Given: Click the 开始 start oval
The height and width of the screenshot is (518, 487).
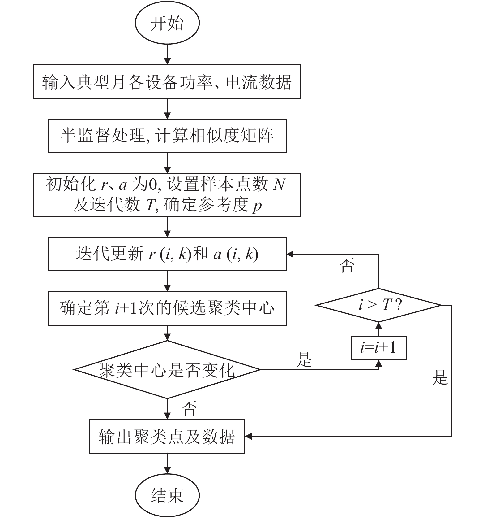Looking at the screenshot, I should click(x=167, y=23).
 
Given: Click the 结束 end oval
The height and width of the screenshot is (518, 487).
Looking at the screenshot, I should click(x=167, y=495).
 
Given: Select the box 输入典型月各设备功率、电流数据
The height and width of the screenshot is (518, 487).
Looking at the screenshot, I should click(x=167, y=82).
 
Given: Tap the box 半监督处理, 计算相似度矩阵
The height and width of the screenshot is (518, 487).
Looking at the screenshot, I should click(x=167, y=136).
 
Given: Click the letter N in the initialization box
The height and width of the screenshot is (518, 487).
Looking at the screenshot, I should click(x=279, y=184).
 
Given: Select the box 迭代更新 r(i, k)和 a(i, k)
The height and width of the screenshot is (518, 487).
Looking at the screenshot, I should click(x=167, y=254).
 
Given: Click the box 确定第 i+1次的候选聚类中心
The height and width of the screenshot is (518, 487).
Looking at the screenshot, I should click(x=167, y=308).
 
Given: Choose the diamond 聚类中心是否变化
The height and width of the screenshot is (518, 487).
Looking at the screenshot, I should click(x=167, y=370).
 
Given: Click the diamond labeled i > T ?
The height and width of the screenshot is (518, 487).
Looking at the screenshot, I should click(x=378, y=305).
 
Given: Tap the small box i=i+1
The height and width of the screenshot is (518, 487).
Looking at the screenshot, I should click(x=378, y=348).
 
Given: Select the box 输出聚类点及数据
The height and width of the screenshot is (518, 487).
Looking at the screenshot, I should click(x=167, y=436).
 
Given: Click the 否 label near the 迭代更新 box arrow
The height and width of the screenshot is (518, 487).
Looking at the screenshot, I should click(x=346, y=265).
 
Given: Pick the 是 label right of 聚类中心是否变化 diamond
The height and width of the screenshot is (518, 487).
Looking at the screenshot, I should click(x=304, y=360).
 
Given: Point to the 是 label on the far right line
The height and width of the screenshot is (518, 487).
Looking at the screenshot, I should click(x=440, y=378).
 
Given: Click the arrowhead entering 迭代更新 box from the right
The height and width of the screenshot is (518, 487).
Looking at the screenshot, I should click(x=290, y=254).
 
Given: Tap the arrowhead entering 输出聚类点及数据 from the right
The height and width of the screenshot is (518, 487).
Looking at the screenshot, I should click(x=248, y=436).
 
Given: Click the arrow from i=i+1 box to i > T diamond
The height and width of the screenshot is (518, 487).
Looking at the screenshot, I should click(x=378, y=329).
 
